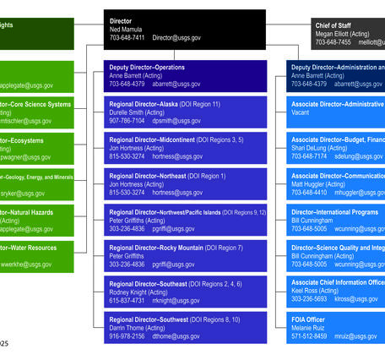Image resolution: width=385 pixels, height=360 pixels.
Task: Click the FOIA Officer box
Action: pyautogui.click(x=335, y=327)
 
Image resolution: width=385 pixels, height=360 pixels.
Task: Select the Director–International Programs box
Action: pyautogui.click(x=335, y=220)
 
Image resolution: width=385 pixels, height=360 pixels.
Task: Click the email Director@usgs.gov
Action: pyautogui.click(x=176, y=38)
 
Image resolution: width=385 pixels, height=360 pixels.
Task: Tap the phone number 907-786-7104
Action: pyautogui.click(x=127, y=121)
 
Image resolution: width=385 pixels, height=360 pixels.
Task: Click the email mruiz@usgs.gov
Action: pyautogui.click(x=355, y=336)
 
